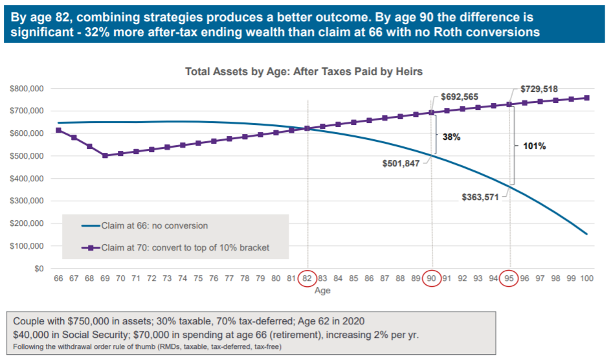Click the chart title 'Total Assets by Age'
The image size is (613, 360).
304,71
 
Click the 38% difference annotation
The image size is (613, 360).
451,137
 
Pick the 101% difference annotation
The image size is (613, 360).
535,146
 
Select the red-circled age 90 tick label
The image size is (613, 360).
431,278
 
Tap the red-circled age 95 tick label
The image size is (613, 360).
509,278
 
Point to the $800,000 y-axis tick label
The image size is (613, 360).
27,88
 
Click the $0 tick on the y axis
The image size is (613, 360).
39,269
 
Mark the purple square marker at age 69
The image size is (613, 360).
105,155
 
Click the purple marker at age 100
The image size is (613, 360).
586,98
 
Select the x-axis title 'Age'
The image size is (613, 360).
322,291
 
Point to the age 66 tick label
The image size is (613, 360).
58,278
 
